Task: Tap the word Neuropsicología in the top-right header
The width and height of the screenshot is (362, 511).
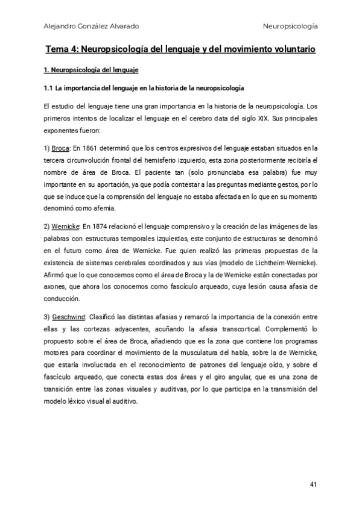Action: click(291, 27)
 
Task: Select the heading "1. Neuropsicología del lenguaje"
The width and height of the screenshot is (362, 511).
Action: click(92, 71)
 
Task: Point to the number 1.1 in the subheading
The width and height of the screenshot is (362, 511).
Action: click(49, 89)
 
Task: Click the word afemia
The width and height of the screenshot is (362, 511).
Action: click(102, 208)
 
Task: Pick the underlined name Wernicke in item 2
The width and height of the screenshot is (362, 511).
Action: click(65, 226)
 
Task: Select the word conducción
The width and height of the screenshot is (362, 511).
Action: click(62, 298)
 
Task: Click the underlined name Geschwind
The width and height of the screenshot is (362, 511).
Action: click(68, 316)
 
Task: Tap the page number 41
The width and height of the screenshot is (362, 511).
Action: click(313, 484)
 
